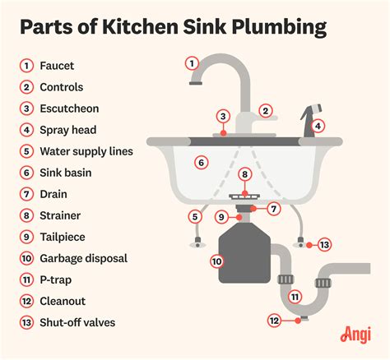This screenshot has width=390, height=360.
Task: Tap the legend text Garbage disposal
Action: click(84, 258)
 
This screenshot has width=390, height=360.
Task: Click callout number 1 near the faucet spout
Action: click(192, 62)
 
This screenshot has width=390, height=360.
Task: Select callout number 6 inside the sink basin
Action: click(200, 164)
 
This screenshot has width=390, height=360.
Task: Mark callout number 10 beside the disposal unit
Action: click(217, 261)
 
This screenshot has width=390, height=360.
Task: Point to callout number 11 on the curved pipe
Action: click(295, 297)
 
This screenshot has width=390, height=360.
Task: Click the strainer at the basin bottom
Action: click(244, 196)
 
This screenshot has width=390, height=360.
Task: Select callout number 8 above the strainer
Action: click(244, 174)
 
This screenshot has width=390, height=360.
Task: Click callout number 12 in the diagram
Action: click(276, 321)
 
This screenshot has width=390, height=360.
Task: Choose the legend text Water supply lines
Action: click(86, 150)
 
